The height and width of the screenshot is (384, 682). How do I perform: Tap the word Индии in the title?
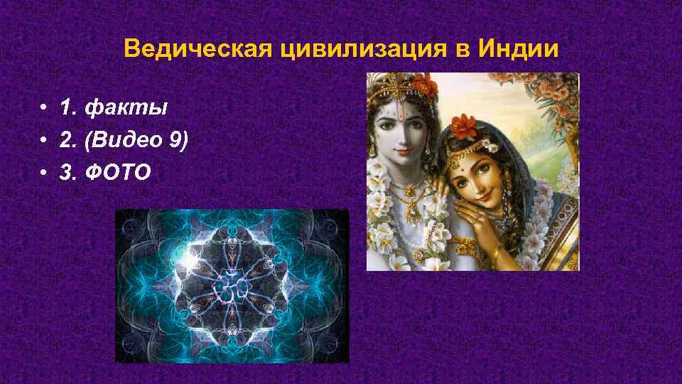[524, 50]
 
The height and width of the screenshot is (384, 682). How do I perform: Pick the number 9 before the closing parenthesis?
[174, 140]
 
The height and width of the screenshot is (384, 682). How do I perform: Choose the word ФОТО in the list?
[117, 172]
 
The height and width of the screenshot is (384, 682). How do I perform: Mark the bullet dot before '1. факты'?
[45, 109]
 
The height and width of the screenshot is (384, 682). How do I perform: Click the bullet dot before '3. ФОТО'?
[45, 173]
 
